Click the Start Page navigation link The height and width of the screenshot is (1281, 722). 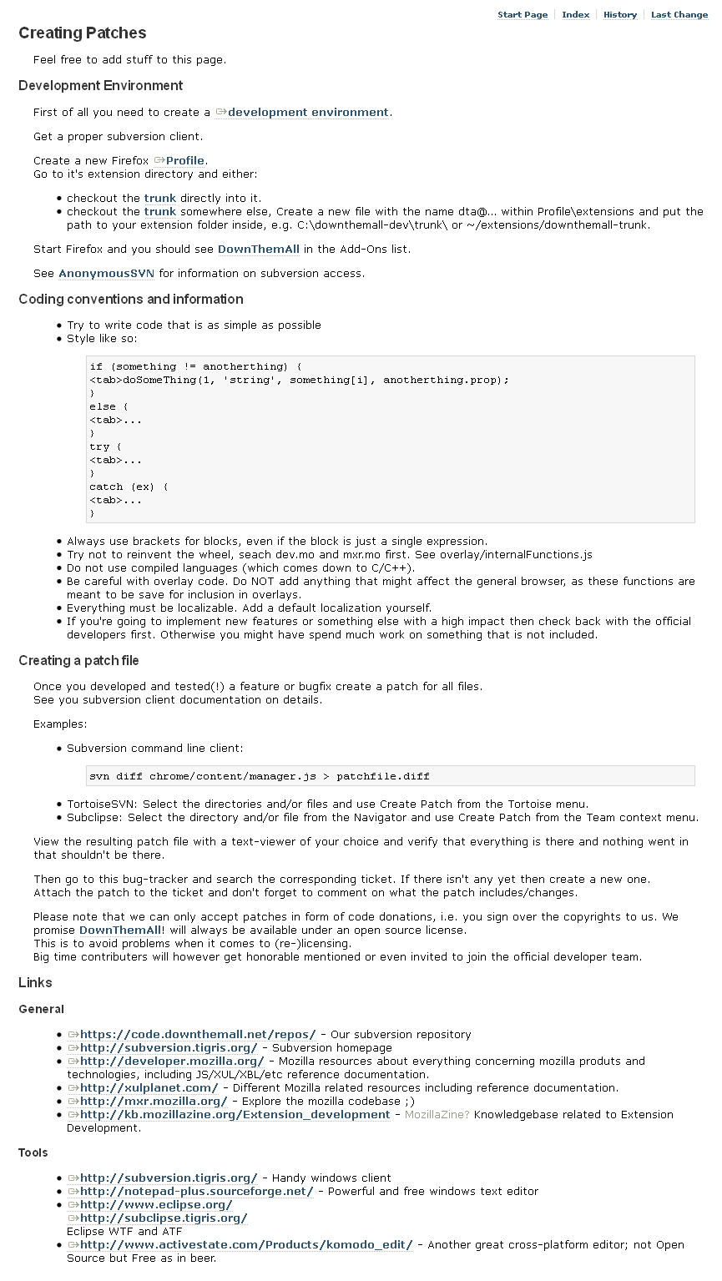(x=523, y=15)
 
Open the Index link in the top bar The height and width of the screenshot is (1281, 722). (x=575, y=15)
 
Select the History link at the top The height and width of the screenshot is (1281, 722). (x=619, y=15)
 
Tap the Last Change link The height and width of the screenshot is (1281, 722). (x=679, y=15)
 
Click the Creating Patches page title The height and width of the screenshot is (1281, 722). (x=82, y=33)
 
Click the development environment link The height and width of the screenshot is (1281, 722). (x=308, y=113)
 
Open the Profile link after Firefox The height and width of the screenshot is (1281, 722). (x=184, y=161)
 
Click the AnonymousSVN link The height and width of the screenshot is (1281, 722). (x=106, y=274)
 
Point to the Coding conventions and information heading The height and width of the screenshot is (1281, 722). (x=131, y=300)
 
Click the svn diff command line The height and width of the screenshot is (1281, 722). (x=260, y=776)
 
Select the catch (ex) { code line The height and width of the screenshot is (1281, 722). (x=129, y=487)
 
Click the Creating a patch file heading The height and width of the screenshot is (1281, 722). (x=78, y=661)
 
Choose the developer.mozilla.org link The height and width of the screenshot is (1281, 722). (x=172, y=1062)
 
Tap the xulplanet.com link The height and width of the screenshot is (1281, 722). (x=149, y=1088)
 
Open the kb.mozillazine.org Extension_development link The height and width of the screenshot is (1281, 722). (x=235, y=1115)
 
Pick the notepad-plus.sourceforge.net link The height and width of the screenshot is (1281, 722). (x=196, y=1192)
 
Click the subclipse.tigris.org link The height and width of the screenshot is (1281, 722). (x=164, y=1218)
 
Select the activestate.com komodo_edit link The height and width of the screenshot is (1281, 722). (x=246, y=1245)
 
